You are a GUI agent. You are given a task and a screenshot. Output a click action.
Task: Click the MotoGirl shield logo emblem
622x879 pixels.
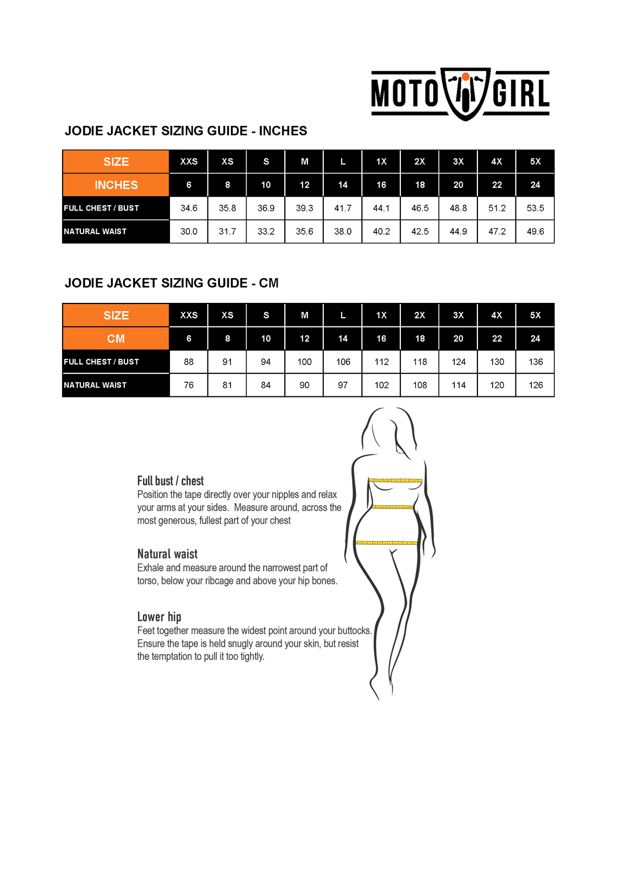coord(465,93)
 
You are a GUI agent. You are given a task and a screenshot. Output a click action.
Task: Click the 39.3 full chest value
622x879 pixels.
coord(304,208)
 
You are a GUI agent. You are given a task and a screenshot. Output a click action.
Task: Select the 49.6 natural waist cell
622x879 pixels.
coord(535,231)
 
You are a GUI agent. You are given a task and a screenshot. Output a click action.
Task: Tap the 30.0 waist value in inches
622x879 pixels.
coord(189,231)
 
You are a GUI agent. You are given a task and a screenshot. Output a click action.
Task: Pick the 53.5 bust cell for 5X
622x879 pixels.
coord(535,208)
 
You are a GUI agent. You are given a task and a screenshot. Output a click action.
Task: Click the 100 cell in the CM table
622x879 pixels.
coord(304,362)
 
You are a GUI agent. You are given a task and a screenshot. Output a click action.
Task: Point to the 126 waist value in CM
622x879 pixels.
coord(535,385)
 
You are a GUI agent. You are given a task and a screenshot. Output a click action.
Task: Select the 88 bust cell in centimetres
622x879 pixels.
coord(189,362)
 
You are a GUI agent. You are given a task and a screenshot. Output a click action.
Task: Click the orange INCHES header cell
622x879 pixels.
coord(116,185)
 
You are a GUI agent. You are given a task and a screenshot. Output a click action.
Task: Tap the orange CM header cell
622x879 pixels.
coord(116,339)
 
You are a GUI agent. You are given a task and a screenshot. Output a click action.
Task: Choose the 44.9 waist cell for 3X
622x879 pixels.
coord(458,231)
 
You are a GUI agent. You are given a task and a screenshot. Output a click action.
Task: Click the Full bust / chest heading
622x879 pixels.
coord(170,481)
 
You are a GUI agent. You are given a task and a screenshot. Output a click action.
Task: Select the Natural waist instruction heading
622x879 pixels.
coord(167,554)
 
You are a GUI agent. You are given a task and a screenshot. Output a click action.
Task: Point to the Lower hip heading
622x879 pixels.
coord(159,617)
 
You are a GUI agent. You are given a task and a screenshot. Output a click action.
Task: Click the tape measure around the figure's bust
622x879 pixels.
coord(395,481)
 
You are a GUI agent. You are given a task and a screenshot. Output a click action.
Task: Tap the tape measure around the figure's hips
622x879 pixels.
coord(386,543)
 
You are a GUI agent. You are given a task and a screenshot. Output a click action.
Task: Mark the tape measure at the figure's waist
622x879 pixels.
coord(393,507)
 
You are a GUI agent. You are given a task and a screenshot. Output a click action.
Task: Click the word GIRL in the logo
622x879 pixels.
coord(521,93)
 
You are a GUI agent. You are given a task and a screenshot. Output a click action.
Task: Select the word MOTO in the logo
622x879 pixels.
coord(405,93)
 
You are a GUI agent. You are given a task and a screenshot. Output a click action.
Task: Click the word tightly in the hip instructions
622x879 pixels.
coord(252,656)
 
